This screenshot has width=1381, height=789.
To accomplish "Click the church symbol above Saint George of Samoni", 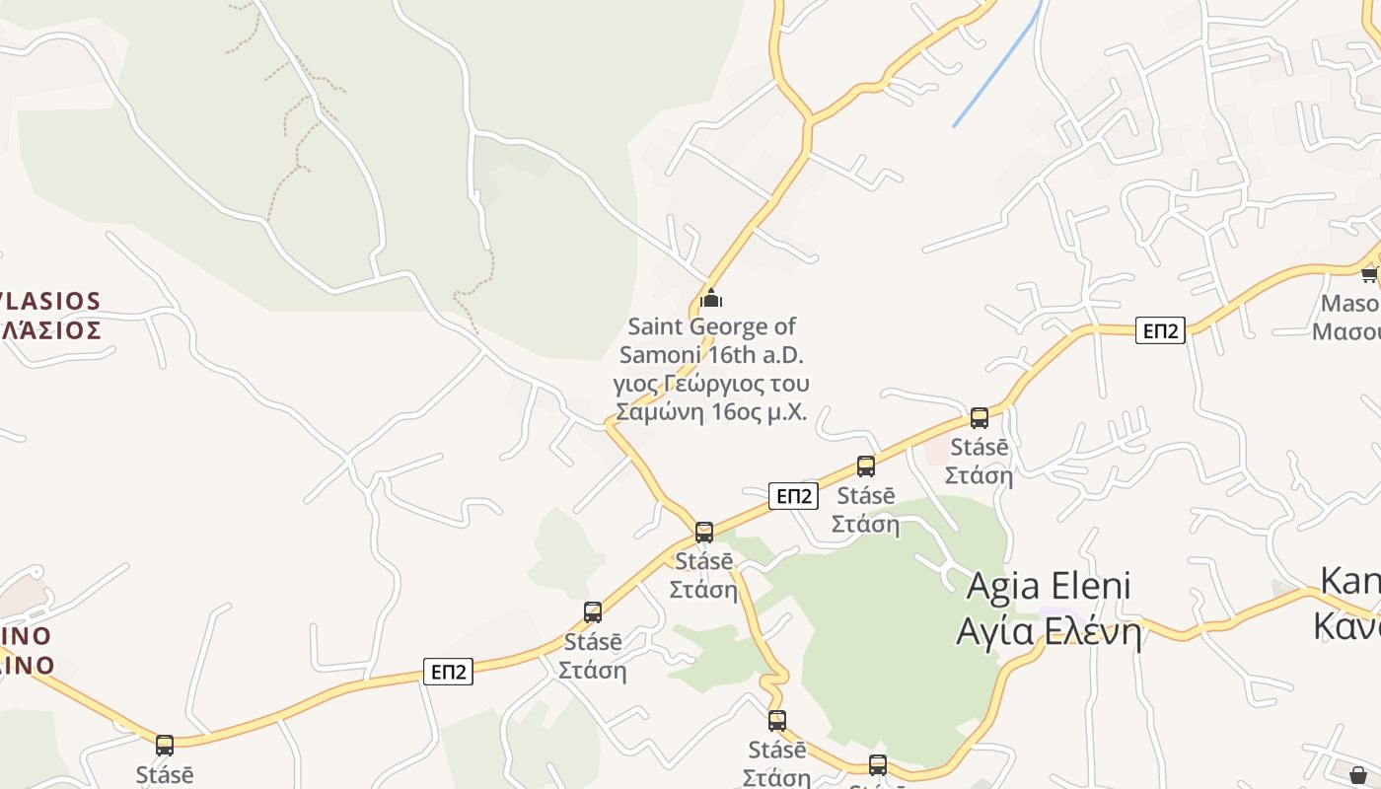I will click(x=710, y=298).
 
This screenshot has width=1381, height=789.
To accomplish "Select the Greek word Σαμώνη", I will click(x=656, y=412).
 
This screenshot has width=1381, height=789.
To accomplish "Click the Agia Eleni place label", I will click(x=1049, y=586).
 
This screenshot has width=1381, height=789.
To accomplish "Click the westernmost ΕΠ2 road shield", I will click(x=449, y=672).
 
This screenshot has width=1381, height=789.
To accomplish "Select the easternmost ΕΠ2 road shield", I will click(x=1160, y=330).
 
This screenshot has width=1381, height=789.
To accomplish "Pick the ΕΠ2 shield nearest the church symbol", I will click(x=793, y=496).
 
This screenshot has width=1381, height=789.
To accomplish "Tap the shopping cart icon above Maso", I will click(x=1370, y=273).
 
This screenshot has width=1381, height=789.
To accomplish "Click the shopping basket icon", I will click(x=1358, y=774).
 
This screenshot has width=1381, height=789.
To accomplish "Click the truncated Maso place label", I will click(x=1349, y=304).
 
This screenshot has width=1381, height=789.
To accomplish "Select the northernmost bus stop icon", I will click(x=980, y=417).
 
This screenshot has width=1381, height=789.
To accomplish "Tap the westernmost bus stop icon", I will click(x=165, y=745).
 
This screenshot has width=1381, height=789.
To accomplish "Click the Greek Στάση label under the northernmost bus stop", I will click(x=979, y=475).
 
